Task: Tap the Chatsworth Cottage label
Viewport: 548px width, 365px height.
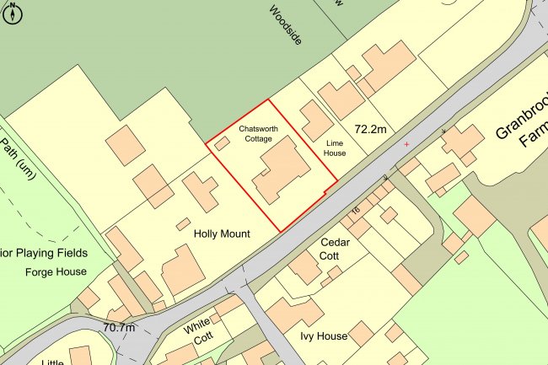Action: tap(259, 134)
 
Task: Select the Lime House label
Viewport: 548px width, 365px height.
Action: tap(336, 148)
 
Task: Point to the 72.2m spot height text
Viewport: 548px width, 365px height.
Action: tap(375, 129)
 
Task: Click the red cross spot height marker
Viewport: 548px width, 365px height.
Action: tap(406, 144)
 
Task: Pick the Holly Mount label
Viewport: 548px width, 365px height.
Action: tap(222, 233)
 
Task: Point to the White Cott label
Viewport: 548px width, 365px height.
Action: tap(201, 330)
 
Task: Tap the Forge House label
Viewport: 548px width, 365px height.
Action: tap(56, 271)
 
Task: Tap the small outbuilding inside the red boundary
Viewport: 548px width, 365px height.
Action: tap(222, 143)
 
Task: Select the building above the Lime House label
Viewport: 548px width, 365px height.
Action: tap(317, 120)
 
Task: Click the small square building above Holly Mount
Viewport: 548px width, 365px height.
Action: tap(183, 224)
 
